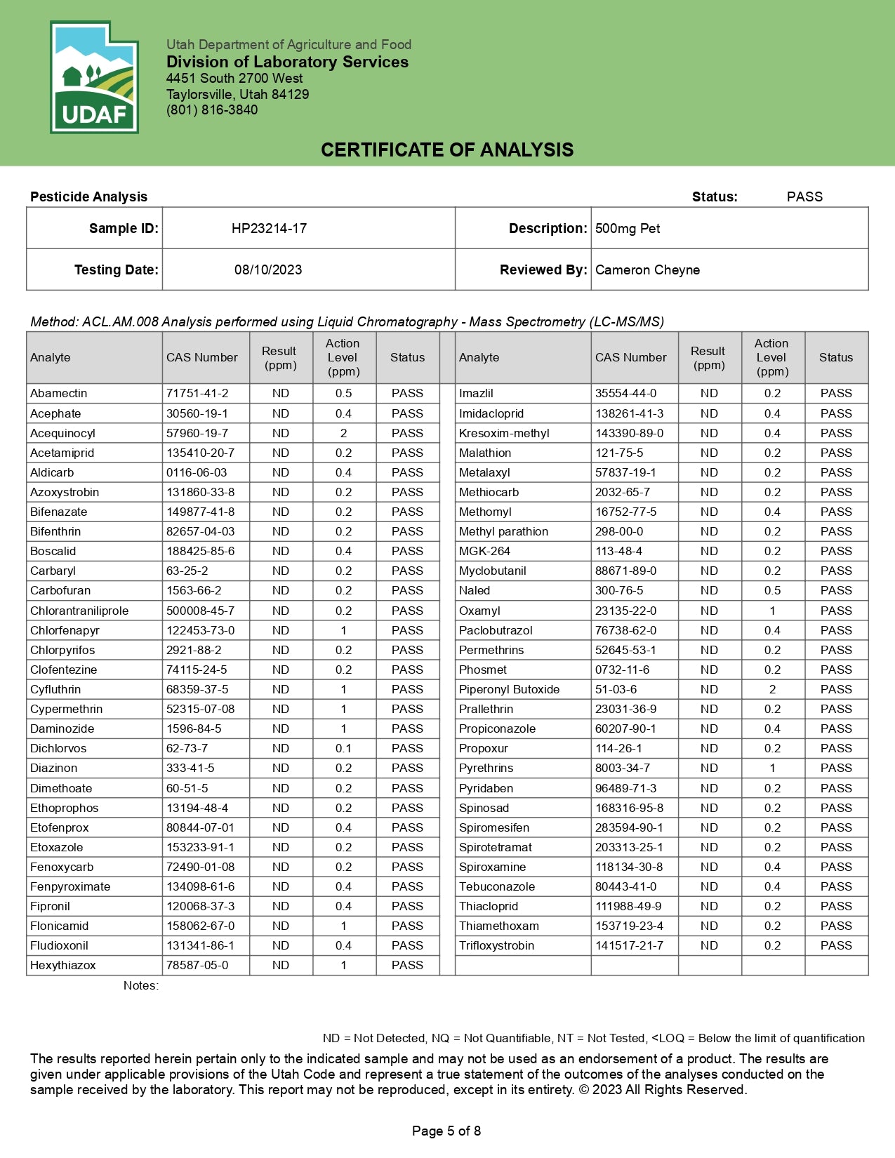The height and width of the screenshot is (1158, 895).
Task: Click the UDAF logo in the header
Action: (x=94, y=77)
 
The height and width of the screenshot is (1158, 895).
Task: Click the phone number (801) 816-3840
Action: (x=212, y=110)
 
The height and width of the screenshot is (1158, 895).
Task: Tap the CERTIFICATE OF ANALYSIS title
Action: (x=447, y=149)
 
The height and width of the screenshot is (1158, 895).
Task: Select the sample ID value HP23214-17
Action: (x=269, y=228)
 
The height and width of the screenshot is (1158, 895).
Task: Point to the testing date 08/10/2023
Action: (x=268, y=269)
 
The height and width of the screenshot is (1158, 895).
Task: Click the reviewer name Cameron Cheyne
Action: (x=647, y=269)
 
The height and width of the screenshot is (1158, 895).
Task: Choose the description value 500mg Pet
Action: (x=628, y=228)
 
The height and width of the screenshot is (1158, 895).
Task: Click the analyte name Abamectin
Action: (x=59, y=393)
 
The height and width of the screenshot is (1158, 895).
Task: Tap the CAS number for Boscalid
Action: (x=200, y=551)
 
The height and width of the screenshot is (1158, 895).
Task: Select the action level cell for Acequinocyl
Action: (x=343, y=433)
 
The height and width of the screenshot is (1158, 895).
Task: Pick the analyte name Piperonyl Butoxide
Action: (x=509, y=689)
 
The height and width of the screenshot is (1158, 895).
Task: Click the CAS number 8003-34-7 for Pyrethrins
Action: (x=623, y=768)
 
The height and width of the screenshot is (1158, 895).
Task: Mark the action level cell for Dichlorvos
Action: (x=343, y=748)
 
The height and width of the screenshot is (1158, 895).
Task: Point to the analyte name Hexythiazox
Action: (x=63, y=965)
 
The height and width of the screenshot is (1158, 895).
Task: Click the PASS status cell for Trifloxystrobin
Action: (x=836, y=945)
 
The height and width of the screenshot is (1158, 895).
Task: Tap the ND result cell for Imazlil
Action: (x=709, y=393)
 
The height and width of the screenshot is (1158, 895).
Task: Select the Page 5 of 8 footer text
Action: (x=446, y=1131)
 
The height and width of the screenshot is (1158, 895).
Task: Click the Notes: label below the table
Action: (x=141, y=985)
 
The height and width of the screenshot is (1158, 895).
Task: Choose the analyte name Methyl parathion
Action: (x=503, y=531)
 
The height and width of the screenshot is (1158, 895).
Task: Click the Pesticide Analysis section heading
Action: (x=89, y=197)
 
